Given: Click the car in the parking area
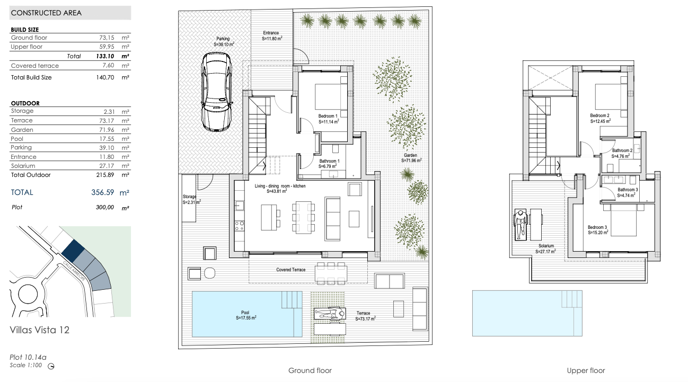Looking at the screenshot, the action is pos(216,92).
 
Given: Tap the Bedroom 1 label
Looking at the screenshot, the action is pos(328,116).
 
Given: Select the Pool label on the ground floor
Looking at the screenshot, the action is pos(245,313).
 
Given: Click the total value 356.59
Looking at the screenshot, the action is pos(103,192).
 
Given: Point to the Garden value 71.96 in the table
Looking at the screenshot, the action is pos(107,130).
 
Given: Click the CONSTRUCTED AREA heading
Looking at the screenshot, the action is pos(46,13).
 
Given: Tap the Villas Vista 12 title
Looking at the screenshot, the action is pos(40,330).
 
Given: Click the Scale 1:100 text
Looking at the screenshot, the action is pos(26,366).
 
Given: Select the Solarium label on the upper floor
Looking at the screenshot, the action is pos(546,246).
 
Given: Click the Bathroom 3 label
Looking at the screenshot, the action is pos(628,190).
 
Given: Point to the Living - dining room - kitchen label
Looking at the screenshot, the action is pos(280,186).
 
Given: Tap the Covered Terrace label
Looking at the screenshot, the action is pos(291,270).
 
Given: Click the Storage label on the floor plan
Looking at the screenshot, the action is pos(189,197).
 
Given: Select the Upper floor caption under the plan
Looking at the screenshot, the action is pos(586,371).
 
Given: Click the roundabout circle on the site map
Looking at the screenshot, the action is pos(28,294).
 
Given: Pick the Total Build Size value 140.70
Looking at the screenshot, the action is pos(105,78).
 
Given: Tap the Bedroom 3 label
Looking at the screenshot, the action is pos(597,227).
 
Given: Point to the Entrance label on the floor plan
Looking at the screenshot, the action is pos(271,33).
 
